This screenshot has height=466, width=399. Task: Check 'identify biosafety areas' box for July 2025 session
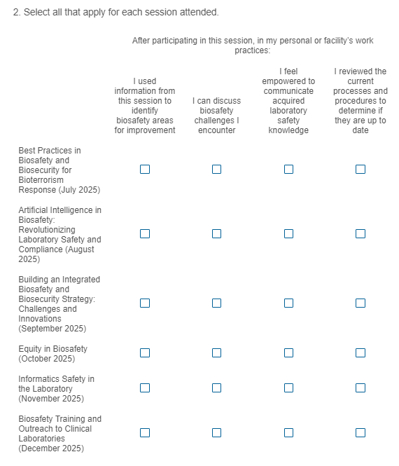tap(145, 170)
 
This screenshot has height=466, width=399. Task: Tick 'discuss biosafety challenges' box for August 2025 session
tap(217, 234)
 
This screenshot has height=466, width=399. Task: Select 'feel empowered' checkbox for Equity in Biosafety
tap(288, 352)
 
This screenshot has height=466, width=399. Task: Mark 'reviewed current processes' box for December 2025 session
tap(360, 433)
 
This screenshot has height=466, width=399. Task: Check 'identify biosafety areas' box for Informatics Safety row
tap(145, 388)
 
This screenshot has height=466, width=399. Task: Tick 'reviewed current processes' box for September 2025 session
tap(360, 303)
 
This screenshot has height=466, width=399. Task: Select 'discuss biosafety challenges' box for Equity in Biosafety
tap(217, 352)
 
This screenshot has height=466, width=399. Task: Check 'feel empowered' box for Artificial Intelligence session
tap(288, 234)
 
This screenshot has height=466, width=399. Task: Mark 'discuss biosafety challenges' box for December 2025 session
tap(217, 433)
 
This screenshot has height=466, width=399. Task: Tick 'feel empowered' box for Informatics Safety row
tap(288, 388)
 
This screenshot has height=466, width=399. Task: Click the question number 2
tap(17, 12)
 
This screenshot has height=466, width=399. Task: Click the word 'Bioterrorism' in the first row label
tap(41, 180)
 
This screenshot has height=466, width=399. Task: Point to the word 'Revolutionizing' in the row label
tap(47, 230)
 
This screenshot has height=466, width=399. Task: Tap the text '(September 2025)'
tap(52, 329)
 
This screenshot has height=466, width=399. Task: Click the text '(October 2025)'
tap(47, 359)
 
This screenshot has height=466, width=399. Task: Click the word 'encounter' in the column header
tap(217, 130)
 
